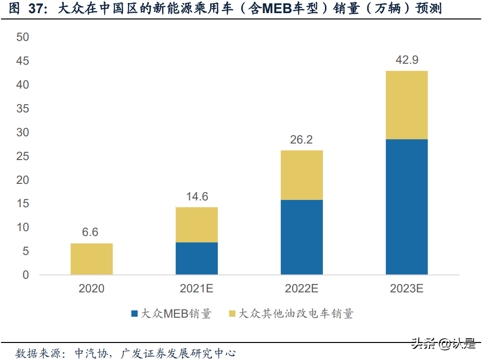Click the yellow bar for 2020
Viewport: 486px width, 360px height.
pyautogui.click(x=91, y=259)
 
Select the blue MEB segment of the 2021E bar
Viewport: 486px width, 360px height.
pyautogui.click(x=197, y=258)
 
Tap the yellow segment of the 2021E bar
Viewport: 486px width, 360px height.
pyautogui.click(x=197, y=225)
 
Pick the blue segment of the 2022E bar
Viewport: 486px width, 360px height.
pyautogui.click(x=302, y=237)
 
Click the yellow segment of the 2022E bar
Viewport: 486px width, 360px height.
pyautogui.click(x=302, y=175)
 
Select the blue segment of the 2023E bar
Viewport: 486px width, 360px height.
pyautogui.click(x=407, y=207)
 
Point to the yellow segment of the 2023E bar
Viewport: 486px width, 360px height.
pyautogui.click(x=407, y=105)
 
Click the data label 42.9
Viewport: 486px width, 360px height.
pyautogui.click(x=407, y=60)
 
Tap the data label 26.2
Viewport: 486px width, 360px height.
pyautogui.click(x=302, y=140)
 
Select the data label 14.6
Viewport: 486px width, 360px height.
pyautogui.click(x=197, y=197)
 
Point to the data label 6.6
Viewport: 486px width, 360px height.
pyautogui.click(x=90, y=233)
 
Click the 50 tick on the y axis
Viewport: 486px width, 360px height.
pyautogui.click(x=22, y=37)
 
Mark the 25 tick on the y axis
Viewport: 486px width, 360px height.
pyautogui.click(x=22, y=156)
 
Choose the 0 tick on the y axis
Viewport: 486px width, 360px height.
pyautogui.click(x=26, y=275)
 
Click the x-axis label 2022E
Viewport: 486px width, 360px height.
pyautogui.click(x=302, y=288)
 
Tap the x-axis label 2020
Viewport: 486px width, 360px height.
pyautogui.click(x=91, y=288)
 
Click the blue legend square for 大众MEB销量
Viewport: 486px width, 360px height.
pyautogui.click(x=134, y=314)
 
